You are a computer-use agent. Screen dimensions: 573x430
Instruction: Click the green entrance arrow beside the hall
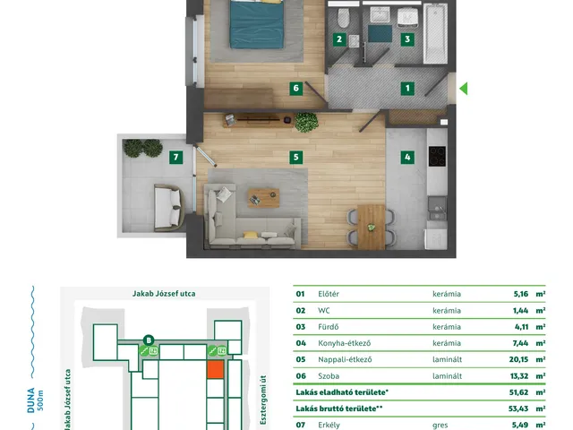[464, 89]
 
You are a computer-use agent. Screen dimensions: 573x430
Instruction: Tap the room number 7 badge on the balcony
[175, 158]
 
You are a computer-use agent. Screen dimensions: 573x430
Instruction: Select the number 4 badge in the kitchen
[407, 158]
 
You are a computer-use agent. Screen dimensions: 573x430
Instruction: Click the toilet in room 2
[343, 18]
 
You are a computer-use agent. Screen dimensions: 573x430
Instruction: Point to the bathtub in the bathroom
[435, 33]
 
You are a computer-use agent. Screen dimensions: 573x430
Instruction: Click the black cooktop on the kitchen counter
[437, 156]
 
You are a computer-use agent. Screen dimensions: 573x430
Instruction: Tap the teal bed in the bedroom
[257, 24]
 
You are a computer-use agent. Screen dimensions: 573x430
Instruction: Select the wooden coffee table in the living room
[263, 198]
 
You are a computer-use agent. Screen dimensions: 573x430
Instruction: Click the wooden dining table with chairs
[371, 227]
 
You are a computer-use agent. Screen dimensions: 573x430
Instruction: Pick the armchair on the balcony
[169, 208]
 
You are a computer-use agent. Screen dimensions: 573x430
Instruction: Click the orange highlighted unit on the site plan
[215, 369]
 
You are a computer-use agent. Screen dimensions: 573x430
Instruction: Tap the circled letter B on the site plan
[149, 340]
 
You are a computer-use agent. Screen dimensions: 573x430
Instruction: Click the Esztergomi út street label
[263, 400]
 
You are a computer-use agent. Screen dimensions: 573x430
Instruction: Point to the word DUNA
[30, 400]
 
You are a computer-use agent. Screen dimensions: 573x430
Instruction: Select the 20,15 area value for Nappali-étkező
[518, 359]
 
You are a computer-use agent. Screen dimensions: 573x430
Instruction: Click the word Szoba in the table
[329, 376]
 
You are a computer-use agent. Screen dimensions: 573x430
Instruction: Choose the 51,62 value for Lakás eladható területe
[518, 392]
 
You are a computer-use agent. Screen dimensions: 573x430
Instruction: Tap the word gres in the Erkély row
[440, 426]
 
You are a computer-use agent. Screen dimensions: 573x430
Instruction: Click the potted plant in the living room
[306, 122]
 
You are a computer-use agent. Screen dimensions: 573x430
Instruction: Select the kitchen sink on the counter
[437, 208]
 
